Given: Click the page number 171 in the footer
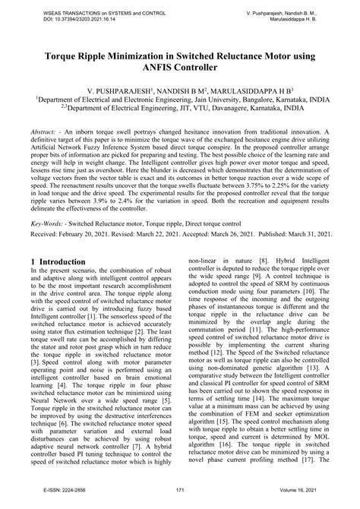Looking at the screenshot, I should click(180, 492).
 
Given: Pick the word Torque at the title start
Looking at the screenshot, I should click(64, 55).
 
